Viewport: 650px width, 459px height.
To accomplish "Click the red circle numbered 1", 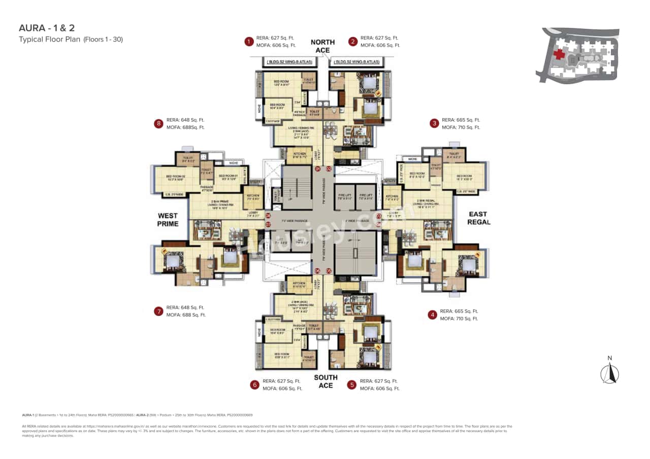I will pos(249,42).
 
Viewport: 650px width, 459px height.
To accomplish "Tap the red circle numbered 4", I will pos(432,315).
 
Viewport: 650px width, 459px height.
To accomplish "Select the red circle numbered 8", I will pos(159,123).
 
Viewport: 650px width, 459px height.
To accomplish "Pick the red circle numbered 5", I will pos(351,384).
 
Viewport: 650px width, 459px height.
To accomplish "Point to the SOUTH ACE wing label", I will pos(326,381).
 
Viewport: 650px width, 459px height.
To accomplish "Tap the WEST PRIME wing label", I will pos(168,220).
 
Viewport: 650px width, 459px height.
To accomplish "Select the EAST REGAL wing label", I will pos(478,218).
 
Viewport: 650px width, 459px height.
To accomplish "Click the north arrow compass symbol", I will pos(609,372).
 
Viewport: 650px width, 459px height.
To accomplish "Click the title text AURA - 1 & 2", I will pos(43,28).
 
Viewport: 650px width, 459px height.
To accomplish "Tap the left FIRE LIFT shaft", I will pos(344,197).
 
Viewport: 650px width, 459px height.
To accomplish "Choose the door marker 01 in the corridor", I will pos(318,169).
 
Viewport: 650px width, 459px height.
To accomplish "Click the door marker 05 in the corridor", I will pos(329,271).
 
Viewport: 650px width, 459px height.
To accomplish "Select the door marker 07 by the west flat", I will pos(268,224).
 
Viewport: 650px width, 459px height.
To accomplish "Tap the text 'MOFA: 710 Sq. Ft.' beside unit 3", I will pos(461,127).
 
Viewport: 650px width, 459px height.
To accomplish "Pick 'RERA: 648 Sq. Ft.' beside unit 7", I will pos(185,307).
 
